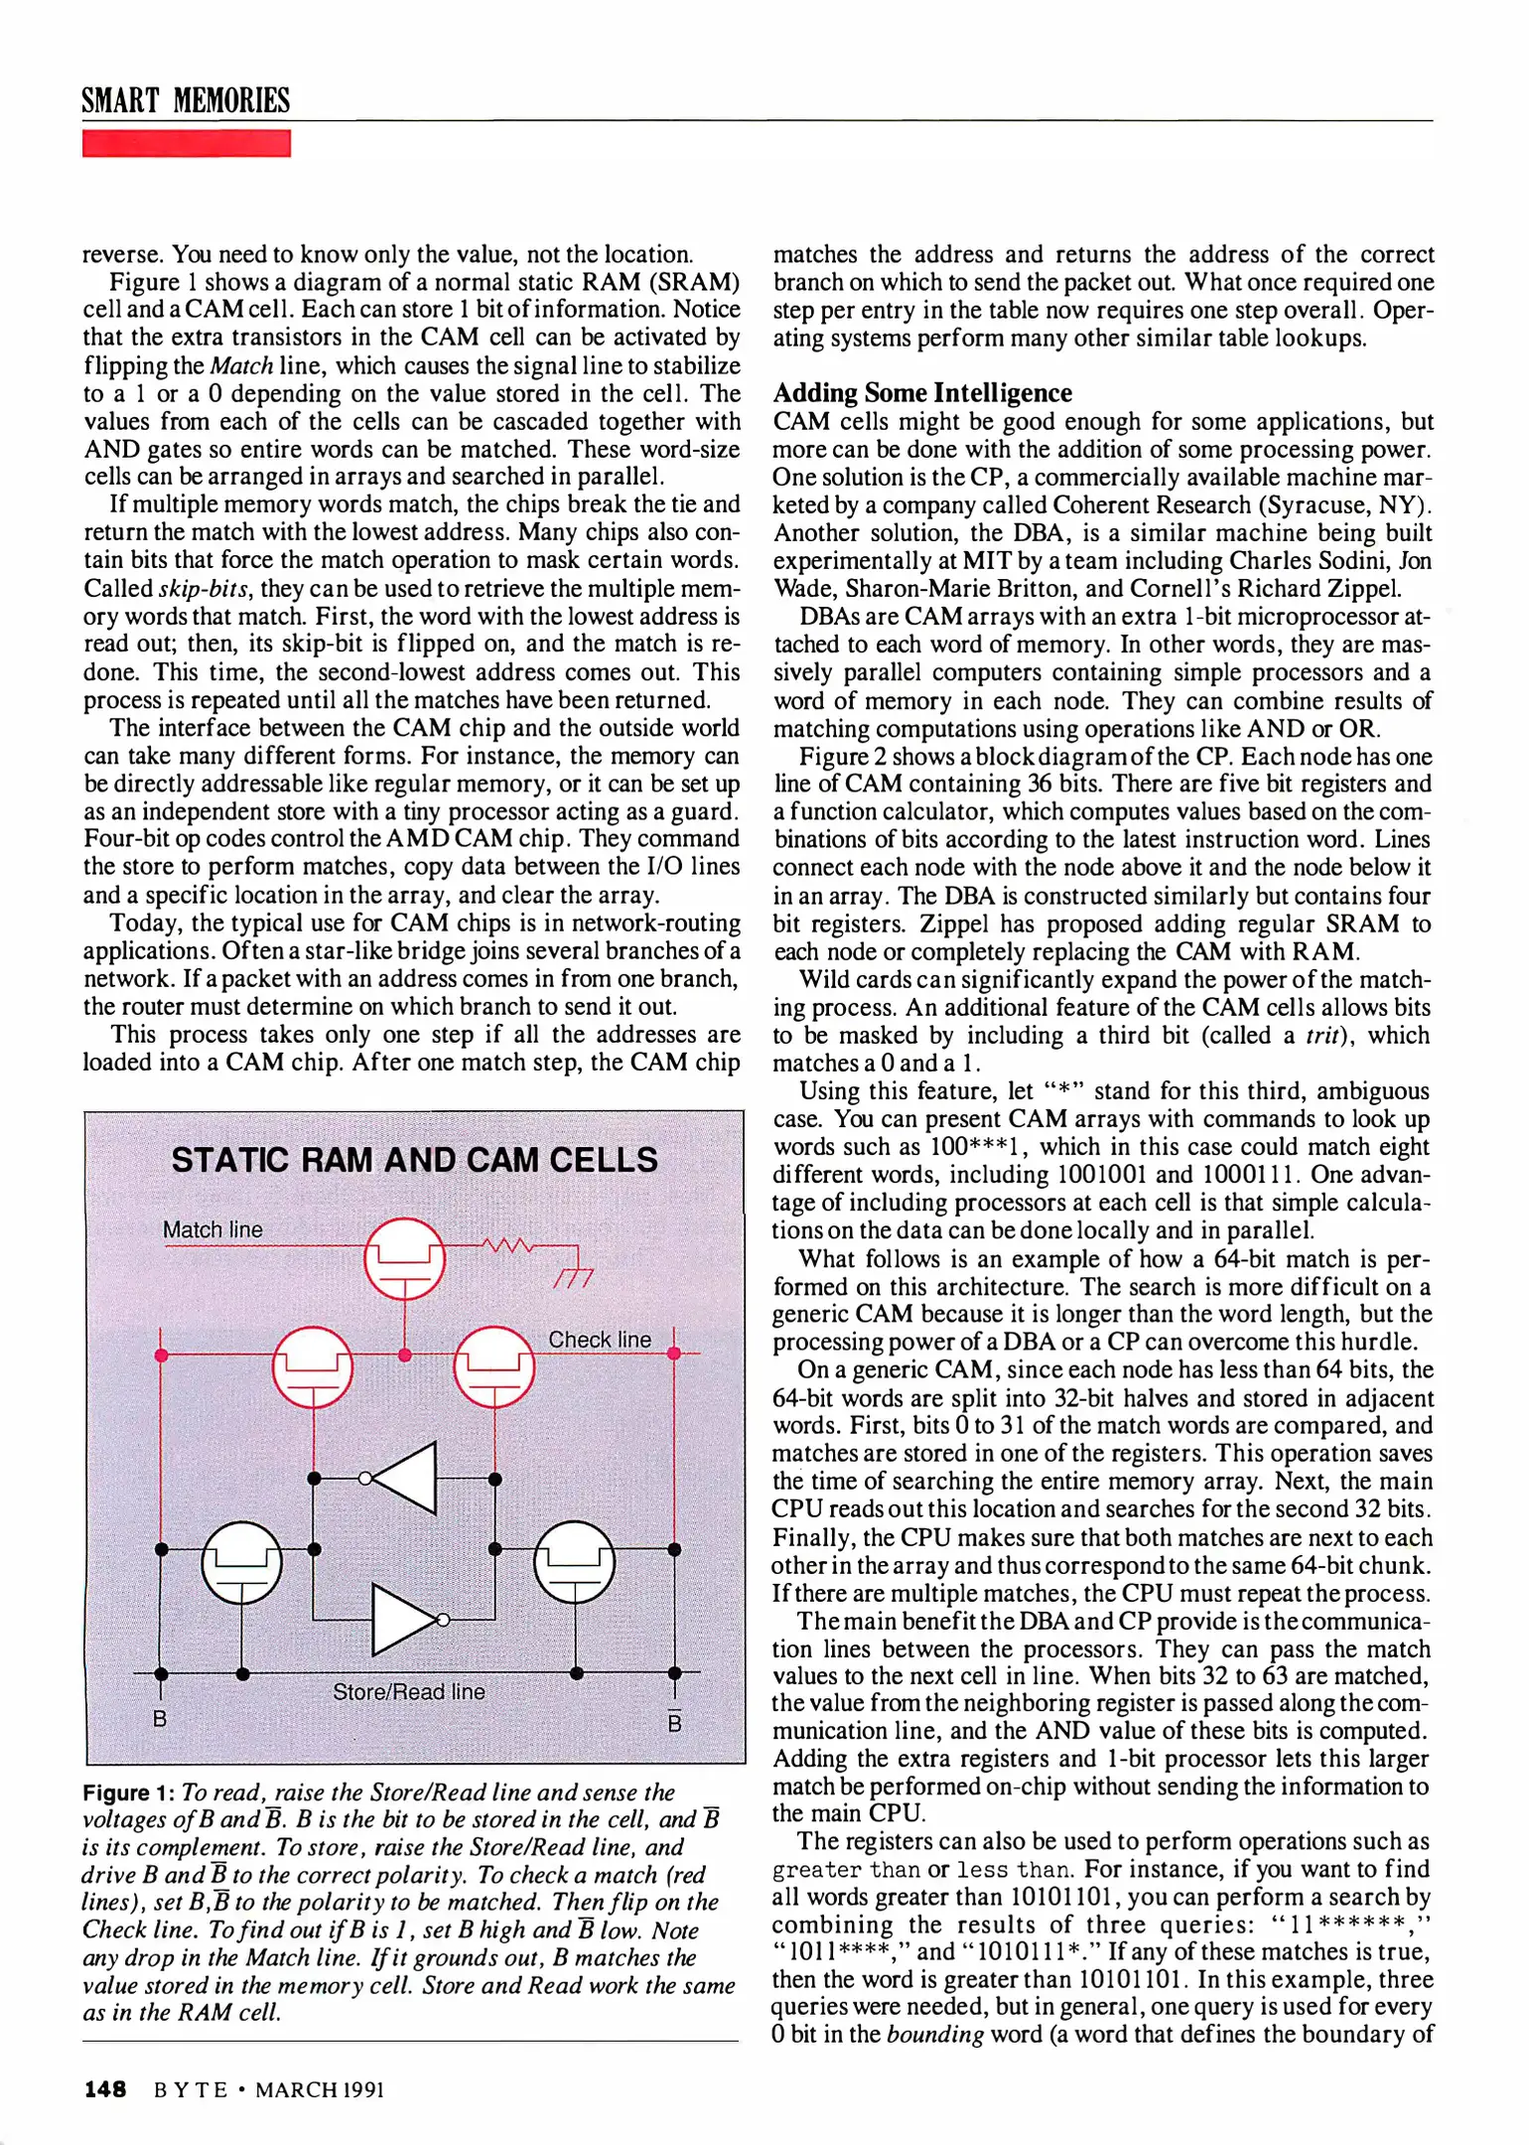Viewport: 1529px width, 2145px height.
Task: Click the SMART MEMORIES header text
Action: pyautogui.click(x=186, y=101)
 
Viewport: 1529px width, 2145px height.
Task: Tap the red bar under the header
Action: pyautogui.click(x=186, y=144)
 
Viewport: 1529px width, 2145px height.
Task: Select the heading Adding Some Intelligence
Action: pyautogui.click(x=922, y=392)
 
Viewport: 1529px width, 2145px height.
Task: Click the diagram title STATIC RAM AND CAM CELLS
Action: pyautogui.click(x=414, y=1160)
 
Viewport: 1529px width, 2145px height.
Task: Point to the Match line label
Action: pyautogui.click(x=212, y=1229)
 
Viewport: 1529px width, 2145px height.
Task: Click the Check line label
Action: pyautogui.click(x=600, y=1340)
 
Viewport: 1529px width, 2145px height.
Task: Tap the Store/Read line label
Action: pyautogui.click(x=408, y=1691)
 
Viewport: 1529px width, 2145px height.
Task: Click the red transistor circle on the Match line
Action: pyautogui.click(x=404, y=1258)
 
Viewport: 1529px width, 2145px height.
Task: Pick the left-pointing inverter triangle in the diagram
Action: pyautogui.click(x=404, y=1478)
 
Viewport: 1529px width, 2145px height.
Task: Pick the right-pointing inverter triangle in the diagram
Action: pyautogui.click(x=405, y=1620)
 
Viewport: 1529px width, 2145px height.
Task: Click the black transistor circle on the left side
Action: pyautogui.click(x=241, y=1562)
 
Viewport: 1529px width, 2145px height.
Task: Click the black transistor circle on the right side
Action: pyautogui.click(x=574, y=1562)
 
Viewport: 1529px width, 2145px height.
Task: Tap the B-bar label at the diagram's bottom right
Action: pyautogui.click(x=674, y=1721)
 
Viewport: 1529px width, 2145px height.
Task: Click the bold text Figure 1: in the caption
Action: pyautogui.click(x=129, y=1792)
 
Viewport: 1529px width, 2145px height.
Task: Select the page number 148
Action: pyautogui.click(x=105, y=2089)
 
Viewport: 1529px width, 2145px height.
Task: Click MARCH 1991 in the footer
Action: pyautogui.click(x=320, y=2089)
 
